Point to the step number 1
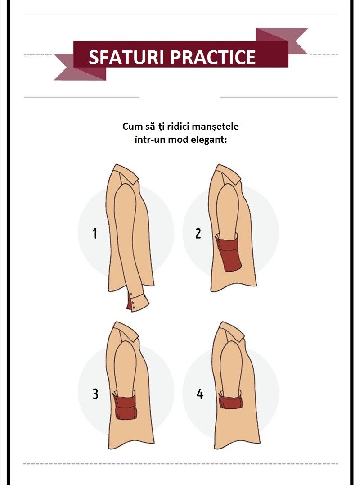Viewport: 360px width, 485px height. coord(95,233)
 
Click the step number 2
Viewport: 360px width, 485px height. coord(198,233)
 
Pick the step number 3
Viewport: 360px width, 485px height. coord(95,394)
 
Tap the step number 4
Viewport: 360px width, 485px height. coord(200,394)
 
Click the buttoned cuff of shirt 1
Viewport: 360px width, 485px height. coord(138,302)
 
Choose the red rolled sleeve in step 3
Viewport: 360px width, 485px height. coord(125,406)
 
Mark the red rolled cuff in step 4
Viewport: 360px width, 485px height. coord(230,402)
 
